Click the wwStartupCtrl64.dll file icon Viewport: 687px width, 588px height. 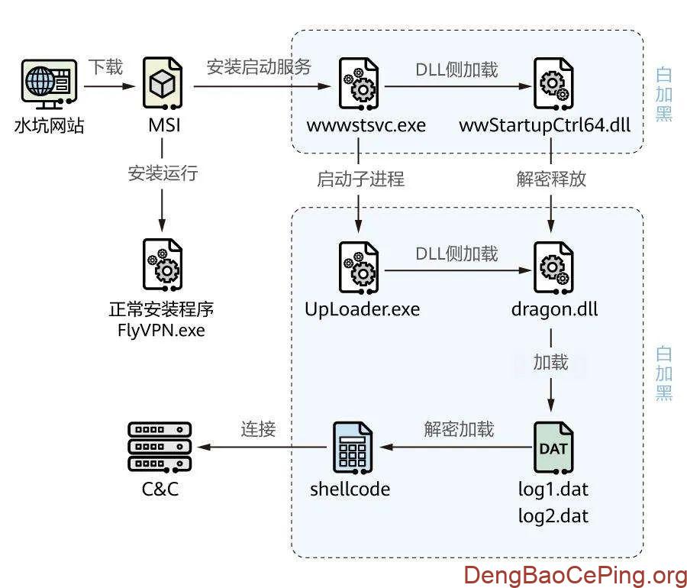tap(550, 86)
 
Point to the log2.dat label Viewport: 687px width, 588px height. tap(553, 515)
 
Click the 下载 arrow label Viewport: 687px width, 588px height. tap(105, 67)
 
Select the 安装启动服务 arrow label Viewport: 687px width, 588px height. tap(259, 67)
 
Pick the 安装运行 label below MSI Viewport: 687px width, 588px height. tap(163, 173)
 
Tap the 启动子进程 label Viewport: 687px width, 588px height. tap(360, 179)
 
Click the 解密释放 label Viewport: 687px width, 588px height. tap(551, 179)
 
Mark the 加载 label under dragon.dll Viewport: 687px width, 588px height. tap(550, 362)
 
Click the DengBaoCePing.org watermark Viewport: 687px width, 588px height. tap(576, 573)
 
